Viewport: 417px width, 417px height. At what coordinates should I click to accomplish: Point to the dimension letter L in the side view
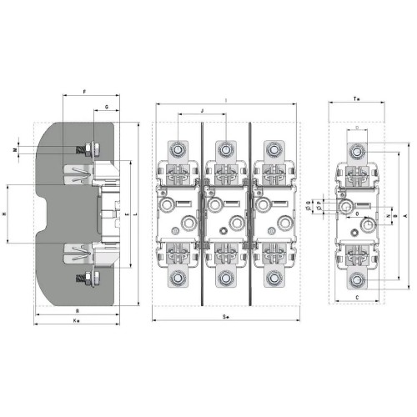136,215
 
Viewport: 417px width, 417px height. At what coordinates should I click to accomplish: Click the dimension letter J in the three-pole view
201,110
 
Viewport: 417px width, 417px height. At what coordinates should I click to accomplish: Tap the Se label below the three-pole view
226,320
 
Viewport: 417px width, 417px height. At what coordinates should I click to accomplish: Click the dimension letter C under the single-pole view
356,298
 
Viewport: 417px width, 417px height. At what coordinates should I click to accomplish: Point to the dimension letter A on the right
406,214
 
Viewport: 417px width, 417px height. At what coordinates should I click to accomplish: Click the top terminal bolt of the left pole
178,150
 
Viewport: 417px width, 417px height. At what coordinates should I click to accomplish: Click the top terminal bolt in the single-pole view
356,150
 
